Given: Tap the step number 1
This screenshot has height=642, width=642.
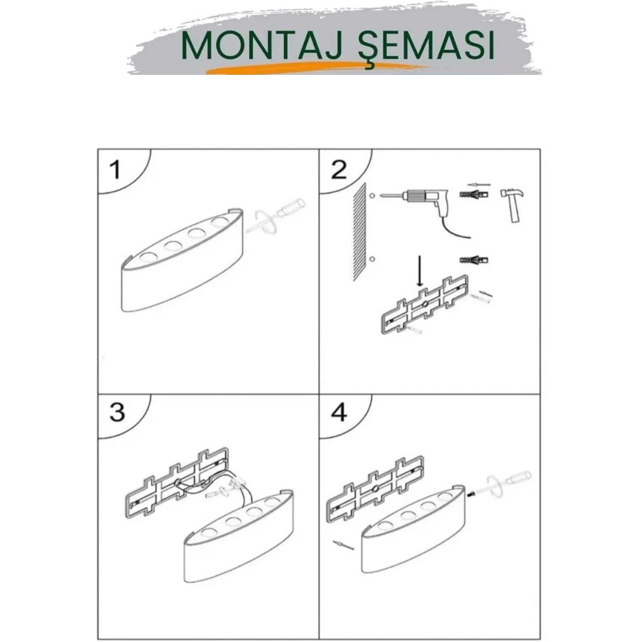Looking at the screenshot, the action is click(116, 169).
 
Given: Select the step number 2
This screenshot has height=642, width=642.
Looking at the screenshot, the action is click(339, 169).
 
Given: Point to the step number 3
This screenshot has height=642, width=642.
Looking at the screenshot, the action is click(117, 412).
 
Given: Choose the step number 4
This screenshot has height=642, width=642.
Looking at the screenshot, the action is click(339, 413).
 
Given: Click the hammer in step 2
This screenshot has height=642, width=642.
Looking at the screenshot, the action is click(512, 204).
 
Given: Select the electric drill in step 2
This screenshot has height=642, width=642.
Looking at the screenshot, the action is click(426, 209).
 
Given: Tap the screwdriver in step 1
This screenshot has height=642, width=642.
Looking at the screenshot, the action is click(275, 216).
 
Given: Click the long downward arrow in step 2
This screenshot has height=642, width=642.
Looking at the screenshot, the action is click(419, 271).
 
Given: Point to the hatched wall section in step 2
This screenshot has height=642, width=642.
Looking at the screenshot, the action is click(360, 232).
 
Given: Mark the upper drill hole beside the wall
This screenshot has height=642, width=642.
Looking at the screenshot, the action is click(372, 196).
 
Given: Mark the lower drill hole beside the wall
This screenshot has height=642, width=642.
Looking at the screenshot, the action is click(372, 259).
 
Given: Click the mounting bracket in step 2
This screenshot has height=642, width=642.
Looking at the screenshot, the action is click(424, 304).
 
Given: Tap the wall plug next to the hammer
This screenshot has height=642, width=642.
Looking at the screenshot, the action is click(474, 193).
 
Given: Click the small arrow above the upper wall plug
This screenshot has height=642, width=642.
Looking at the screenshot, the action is click(479, 185).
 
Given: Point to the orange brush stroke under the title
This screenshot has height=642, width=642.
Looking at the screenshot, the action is click(317, 68).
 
